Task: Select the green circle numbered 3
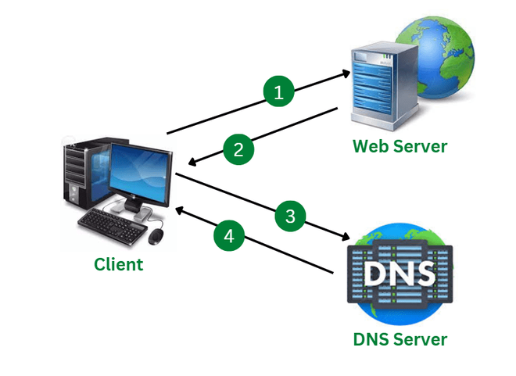point(290,217)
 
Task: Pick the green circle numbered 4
point(229,235)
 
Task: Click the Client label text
point(119,264)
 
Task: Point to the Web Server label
point(400,145)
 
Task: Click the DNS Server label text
point(400,339)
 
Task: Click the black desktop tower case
point(81,176)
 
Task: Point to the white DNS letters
point(400,274)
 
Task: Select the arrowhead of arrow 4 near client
point(178,209)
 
